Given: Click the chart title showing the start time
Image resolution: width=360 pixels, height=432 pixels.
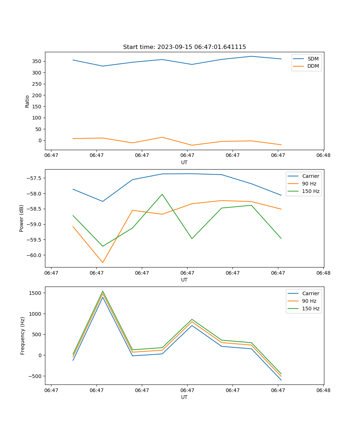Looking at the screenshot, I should coord(184,47).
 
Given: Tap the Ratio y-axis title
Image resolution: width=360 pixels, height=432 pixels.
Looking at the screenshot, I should coord(27,101).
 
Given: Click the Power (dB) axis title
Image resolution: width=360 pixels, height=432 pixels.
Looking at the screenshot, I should coord(22,218).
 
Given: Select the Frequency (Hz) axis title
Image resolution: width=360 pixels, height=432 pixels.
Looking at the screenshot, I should coord(22,336).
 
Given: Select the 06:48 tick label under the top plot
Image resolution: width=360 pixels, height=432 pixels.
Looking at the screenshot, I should coord(323,156).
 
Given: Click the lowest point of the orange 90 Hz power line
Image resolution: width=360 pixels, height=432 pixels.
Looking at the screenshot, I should coord(103,262).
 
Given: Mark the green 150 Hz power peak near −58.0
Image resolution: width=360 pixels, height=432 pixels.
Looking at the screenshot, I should coord(162,194).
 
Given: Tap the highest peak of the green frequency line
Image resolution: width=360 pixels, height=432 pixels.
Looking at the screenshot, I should coord(103,291).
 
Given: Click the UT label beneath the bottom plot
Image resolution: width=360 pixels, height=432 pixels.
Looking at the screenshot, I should coord(184,397).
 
